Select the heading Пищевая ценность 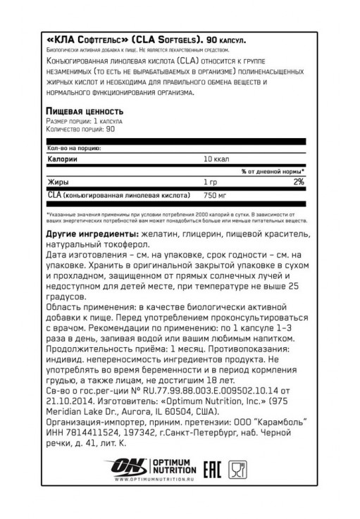[85, 111]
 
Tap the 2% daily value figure [298, 182]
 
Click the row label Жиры [56, 182]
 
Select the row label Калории [61, 159]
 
